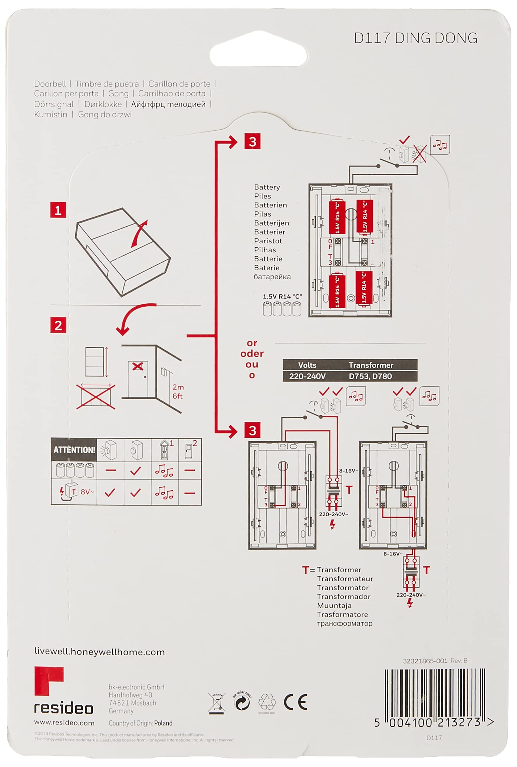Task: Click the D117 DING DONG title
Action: click(x=415, y=38)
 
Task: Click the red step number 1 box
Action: click(x=58, y=210)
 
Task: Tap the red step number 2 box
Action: click(x=58, y=326)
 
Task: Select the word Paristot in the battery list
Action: click(x=268, y=241)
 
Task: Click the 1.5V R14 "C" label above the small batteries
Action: click(x=282, y=296)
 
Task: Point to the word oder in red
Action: click(x=252, y=354)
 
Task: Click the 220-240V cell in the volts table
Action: click(x=307, y=376)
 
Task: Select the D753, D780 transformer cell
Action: click(x=370, y=376)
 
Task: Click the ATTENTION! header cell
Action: click(x=74, y=450)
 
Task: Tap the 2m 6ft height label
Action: click(x=178, y=391)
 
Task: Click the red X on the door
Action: click(x=138, y=366)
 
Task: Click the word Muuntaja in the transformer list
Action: click(x=334, y=606)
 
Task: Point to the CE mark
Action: click(x=296, y=703)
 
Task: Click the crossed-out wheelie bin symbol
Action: click(x=217, y=703)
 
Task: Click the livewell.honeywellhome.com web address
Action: click(x=99, y=652)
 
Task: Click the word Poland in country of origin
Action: click(x=163, y=723)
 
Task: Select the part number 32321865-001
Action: click(x=425, y=661)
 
